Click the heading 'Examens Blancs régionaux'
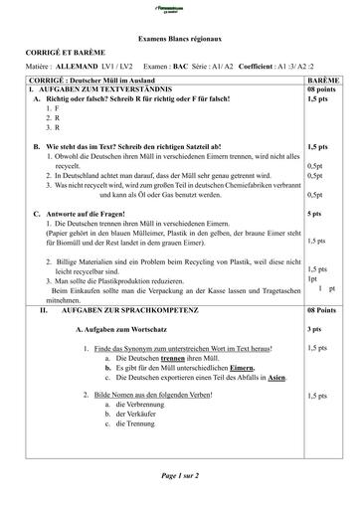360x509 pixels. click(x=178, y=33)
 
